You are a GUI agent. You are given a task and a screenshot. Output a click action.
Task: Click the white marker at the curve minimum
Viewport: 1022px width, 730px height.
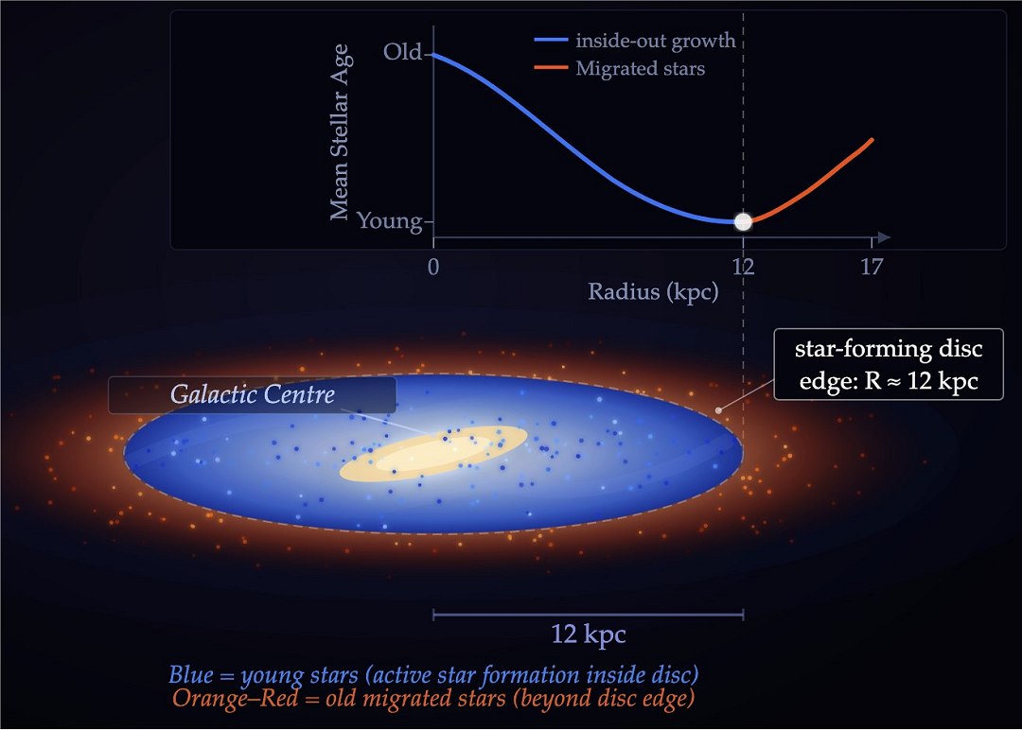pos(743,222)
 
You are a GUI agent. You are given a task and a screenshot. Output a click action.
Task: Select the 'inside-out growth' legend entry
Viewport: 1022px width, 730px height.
pos(635,42)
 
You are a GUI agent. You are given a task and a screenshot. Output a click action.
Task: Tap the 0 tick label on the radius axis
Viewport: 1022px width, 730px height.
pos(433,267)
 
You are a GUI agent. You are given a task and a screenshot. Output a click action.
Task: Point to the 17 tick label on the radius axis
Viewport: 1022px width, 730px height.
pos(872,267)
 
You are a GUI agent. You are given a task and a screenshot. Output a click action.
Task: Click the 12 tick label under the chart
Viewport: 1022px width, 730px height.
pos(743,267)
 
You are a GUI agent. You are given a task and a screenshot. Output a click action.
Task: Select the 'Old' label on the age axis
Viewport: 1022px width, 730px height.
pos(402,52)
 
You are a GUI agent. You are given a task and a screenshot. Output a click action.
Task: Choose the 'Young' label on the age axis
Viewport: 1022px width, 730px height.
pos(389,221)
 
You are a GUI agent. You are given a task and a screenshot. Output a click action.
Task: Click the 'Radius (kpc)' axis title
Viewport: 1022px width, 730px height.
pos(653,291)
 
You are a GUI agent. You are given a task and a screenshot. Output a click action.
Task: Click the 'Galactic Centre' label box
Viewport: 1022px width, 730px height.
pos(252,394)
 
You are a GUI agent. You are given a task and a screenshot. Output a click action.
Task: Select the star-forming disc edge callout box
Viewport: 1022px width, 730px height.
pos(888,364)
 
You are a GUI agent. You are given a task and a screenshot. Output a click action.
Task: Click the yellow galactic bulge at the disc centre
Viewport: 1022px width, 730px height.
pos(433,454)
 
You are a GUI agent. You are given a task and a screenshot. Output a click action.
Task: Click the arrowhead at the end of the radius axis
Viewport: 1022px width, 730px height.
pos(884,236)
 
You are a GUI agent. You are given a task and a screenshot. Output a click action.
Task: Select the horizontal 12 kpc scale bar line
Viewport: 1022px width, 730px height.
pos(588,615)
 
